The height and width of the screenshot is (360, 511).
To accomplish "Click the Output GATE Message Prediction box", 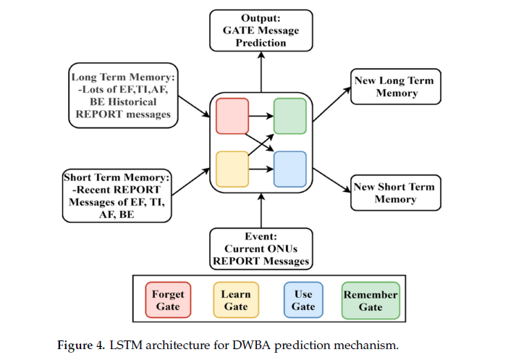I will (261, 30).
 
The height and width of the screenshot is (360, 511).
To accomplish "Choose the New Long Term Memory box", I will (395, 87).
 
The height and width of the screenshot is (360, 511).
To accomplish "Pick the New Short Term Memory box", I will (395, 193).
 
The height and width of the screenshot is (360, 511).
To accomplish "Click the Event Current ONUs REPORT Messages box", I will (261, 248).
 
